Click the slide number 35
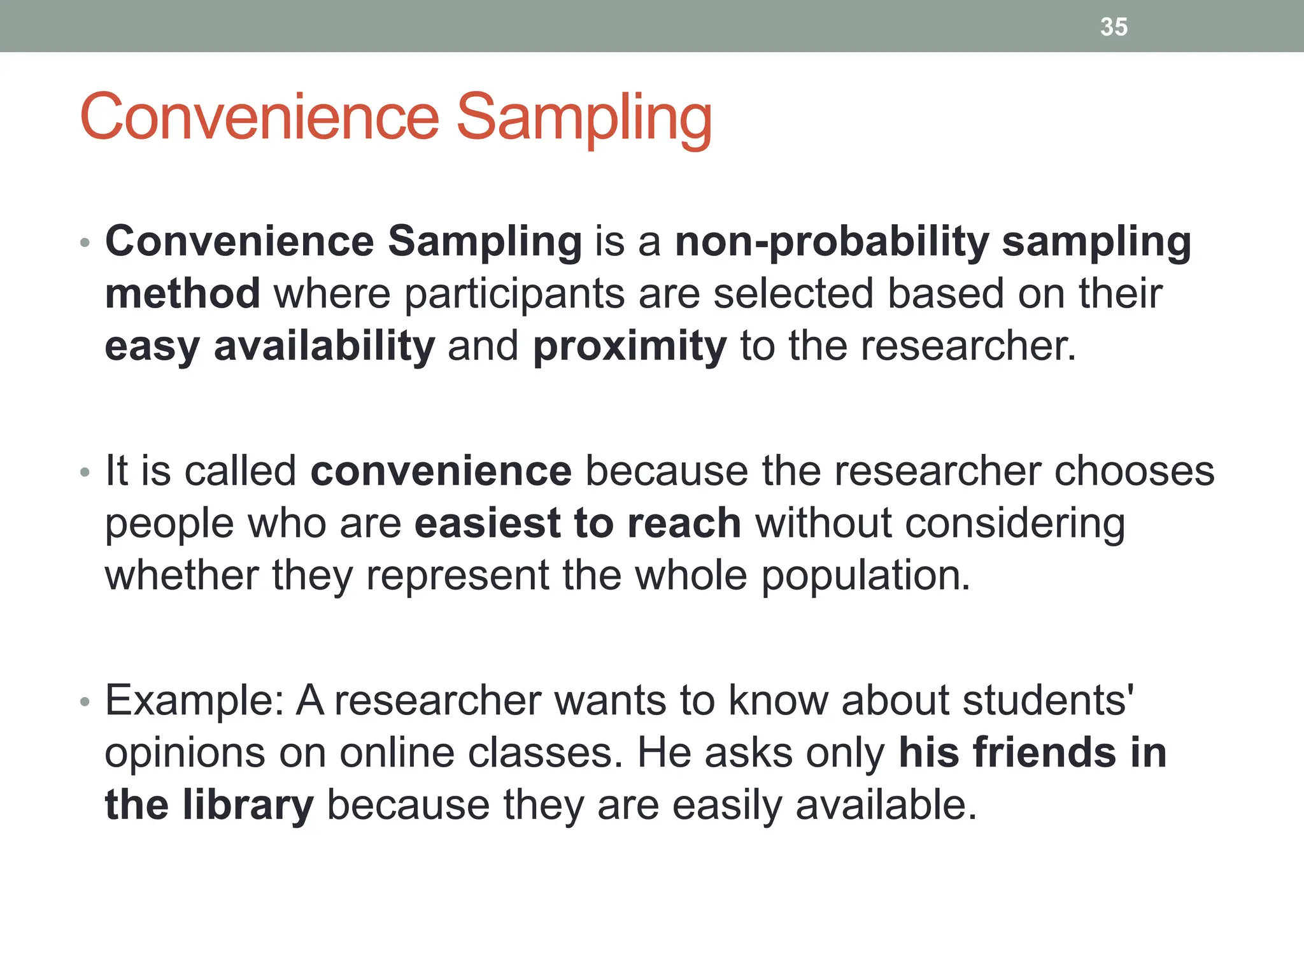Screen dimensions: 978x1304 (x=1114, y=27)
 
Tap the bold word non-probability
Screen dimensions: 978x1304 (x=831, y=243)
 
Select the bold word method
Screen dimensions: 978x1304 (x=182, y=294)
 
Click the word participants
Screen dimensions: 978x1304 (x=514, y=295)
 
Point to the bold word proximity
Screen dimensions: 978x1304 (x=629, y=347)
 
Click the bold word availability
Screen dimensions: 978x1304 (x=324, y=347)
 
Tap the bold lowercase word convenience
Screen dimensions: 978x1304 (x=441, y=471)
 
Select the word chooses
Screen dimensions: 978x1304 (x=1134, y=472)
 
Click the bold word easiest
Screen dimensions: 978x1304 (x=487, y=523)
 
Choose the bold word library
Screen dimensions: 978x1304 (x=248, y=805)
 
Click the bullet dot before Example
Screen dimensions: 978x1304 (x=85, y=702)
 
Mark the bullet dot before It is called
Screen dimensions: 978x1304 (x=85, y=472)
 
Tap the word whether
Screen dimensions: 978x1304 (x=181, y=576)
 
